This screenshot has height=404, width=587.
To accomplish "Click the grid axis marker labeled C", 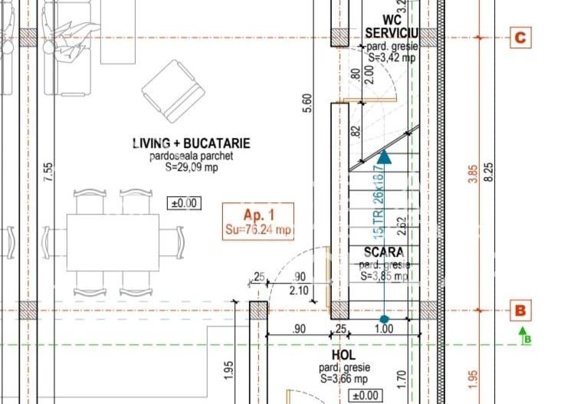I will (520, 38).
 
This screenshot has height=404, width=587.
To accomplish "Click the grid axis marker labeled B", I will (520, 310).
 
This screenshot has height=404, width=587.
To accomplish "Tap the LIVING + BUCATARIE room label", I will (191, 143).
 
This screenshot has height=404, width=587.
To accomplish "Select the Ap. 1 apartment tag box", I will (257, 221).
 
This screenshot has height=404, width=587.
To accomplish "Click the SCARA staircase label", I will (384, 251).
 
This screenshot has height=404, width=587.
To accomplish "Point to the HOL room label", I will (343, 356).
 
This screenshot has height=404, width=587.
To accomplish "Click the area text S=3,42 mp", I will (392, 57).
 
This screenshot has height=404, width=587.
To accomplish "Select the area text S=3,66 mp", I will (343, 378).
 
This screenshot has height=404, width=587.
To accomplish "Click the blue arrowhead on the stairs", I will (384, 157).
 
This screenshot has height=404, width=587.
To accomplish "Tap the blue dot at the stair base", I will (384, 319).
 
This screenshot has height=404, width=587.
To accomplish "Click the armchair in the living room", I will (173, 90).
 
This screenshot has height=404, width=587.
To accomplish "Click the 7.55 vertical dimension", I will (48, 172).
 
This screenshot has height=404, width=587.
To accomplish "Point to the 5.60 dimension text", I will (307, 104).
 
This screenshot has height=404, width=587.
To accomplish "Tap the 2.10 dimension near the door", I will (300, 290).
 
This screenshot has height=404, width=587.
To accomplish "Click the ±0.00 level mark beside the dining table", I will (183, 203).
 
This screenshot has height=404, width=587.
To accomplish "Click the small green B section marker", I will (526, 335).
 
